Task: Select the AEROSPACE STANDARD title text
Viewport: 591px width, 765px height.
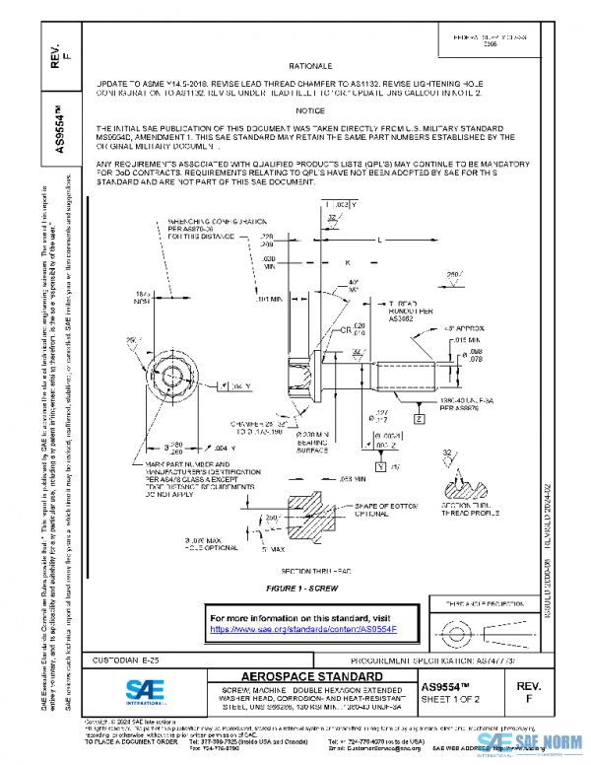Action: (298, 676)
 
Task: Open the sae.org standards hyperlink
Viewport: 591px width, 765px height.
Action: (301, 629)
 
